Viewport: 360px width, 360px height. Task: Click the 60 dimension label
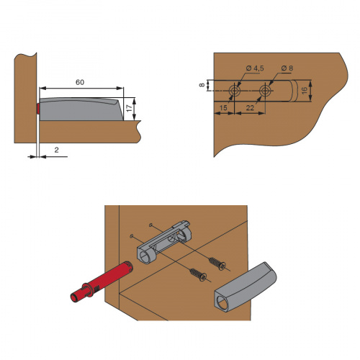click(x=80, y=82)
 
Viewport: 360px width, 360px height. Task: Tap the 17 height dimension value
click(x=130, y=108)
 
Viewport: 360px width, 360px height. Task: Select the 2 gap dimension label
click(x=56, y=150)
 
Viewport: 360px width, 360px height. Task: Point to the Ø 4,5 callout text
click(x=255, y=68)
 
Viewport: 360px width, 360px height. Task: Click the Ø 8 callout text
click(x=287, y=68)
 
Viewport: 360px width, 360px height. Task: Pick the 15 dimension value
click(x=223, y=107)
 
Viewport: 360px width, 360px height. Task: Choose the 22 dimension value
click(x=250, y=108)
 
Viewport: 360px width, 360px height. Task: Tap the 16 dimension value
click(x=304, y=91)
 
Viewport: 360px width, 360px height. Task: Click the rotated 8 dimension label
click(x=202, y=85)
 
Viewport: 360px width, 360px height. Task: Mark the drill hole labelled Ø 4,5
click(x=234, y=91)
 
